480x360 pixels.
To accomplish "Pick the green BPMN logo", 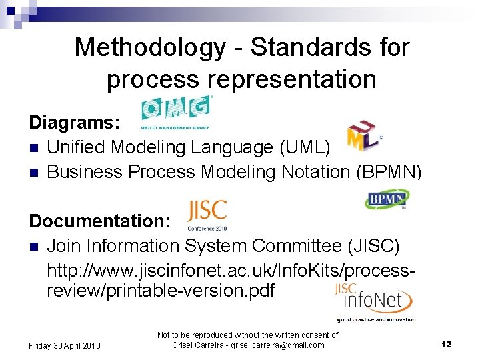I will point(387,199).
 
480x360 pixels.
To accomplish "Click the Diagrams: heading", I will point(74,123).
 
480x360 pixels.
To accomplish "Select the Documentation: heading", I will point(101,221).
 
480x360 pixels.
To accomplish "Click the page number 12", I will point(446,344).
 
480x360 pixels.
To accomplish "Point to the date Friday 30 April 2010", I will point(64,345).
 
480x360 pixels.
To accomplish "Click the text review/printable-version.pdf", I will point(160,291).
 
